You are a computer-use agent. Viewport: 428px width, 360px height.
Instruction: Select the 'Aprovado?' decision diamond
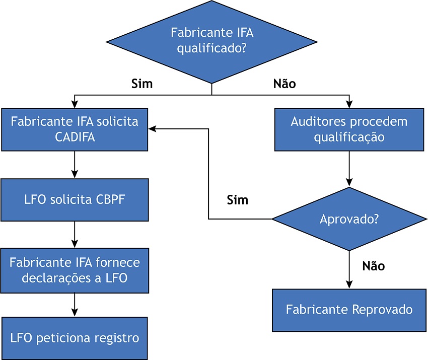click(349, 219)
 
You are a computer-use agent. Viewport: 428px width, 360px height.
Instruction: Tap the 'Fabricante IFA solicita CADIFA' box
click(75, 129)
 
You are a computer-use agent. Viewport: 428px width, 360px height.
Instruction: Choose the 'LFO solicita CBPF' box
click(75, 199)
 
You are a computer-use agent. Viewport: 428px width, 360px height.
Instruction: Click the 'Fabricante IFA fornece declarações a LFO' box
click(75, 270)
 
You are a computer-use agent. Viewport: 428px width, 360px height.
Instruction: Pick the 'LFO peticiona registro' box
click(75, 338)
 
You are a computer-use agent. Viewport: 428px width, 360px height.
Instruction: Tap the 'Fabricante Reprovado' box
click(349, 309)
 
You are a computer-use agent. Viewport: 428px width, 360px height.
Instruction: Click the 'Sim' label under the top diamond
click(141, 84)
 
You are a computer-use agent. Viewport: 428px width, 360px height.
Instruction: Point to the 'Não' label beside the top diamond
click(284, 84)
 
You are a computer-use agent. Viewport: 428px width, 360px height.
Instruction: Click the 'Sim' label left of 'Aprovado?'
click(238, 200)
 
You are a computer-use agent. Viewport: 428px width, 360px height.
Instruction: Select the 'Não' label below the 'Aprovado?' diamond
click(374, 266)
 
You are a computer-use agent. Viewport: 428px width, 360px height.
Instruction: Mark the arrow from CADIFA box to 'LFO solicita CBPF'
click(75, 164)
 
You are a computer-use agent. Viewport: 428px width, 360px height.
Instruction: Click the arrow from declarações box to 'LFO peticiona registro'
click(75, 304)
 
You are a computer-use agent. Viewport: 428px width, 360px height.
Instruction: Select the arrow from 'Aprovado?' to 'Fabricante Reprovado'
click(349, 269)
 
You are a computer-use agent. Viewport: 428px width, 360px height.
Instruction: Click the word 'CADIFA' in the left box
click(75, 137)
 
